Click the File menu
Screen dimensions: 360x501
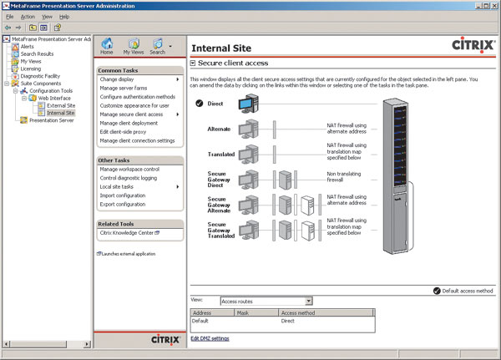8,16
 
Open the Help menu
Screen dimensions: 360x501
64,16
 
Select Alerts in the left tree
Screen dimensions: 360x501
27,47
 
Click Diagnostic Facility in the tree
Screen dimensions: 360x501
40,76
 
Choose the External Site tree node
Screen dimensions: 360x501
61,106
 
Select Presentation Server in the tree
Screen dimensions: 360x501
51,120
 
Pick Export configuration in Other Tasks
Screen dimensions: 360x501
123,204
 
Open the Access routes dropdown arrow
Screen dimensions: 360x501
308,301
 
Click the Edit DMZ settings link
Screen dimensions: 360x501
210,338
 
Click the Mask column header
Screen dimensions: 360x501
245,312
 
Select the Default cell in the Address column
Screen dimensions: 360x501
200,321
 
